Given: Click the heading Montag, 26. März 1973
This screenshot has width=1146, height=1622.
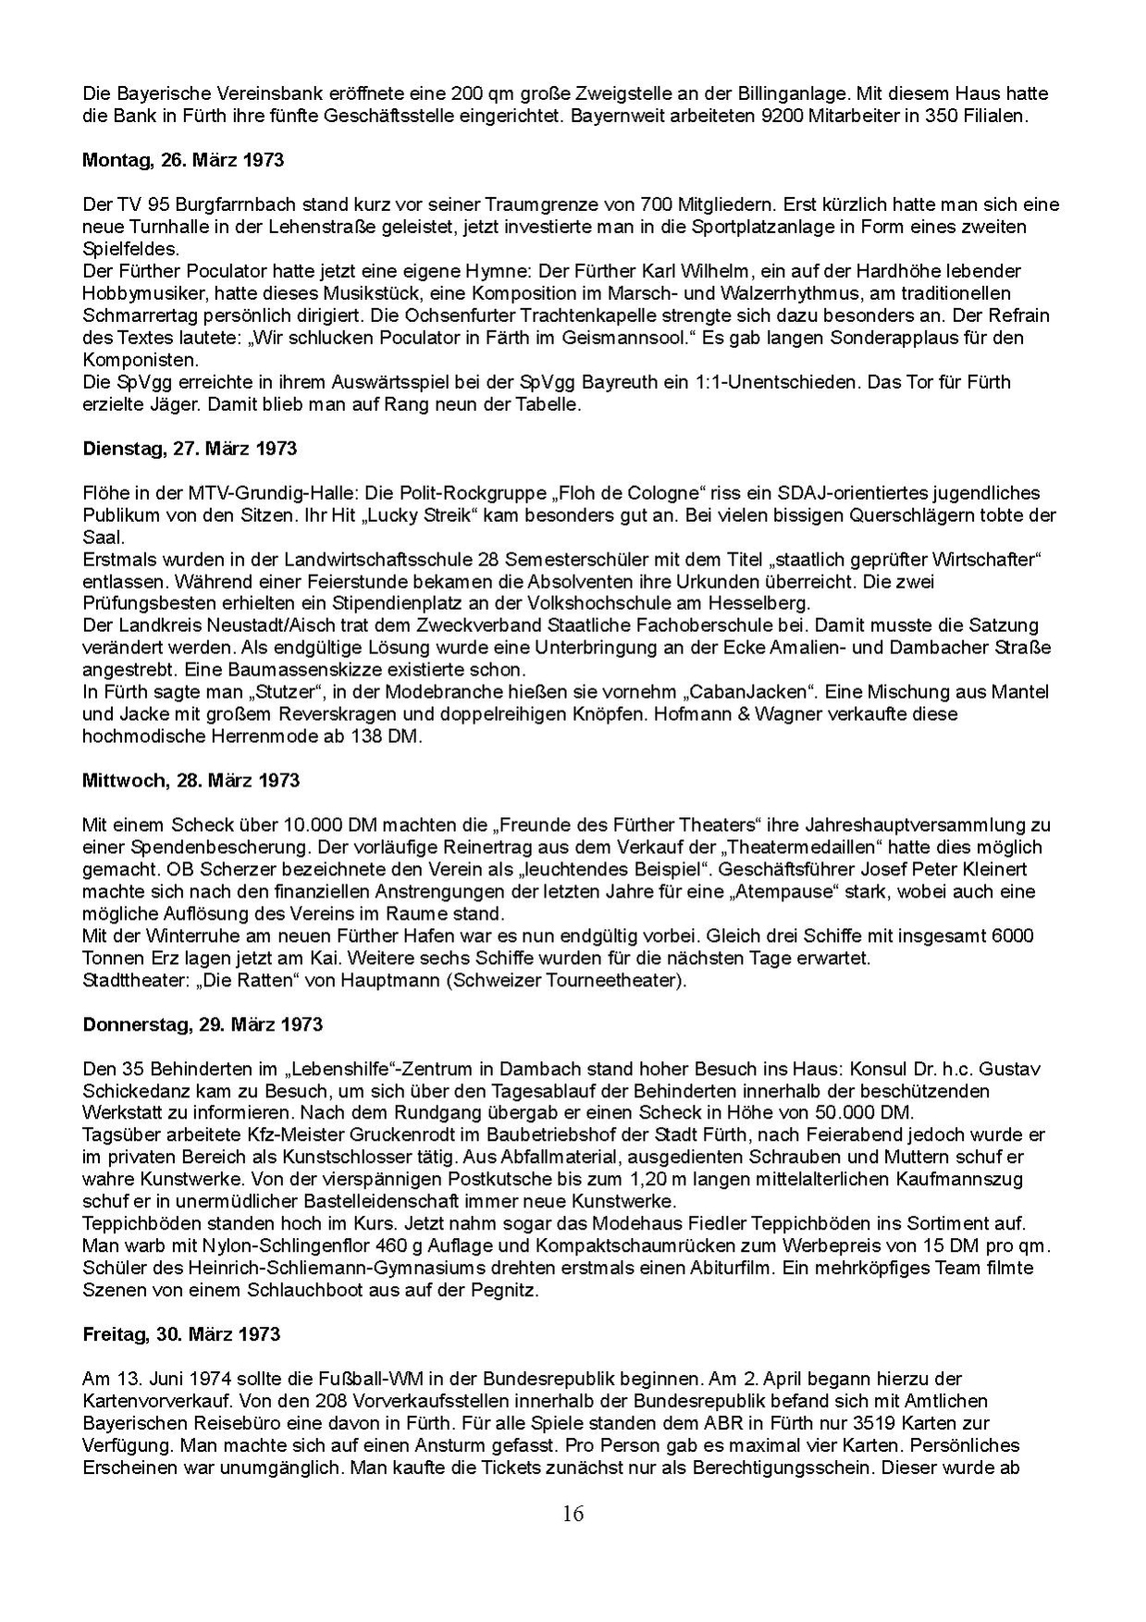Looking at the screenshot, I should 183,160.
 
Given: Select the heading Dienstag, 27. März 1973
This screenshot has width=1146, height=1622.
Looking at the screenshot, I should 190,449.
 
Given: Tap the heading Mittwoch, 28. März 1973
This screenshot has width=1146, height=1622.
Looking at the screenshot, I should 191,781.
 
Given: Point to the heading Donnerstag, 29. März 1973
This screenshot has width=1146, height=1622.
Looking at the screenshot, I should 203,1024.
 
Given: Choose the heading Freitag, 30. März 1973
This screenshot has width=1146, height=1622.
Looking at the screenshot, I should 181,1334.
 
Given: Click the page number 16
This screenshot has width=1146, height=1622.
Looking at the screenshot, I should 573,1514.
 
